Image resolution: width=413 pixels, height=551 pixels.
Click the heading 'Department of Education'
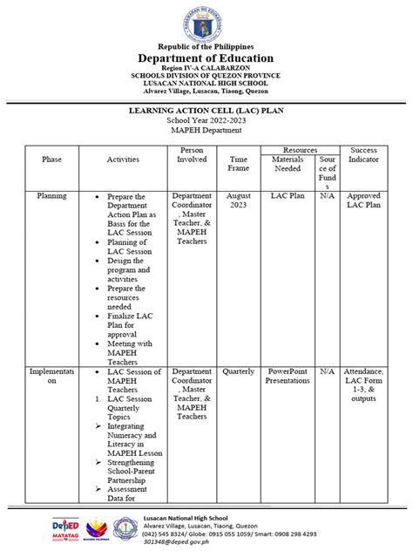[x=206, y=58]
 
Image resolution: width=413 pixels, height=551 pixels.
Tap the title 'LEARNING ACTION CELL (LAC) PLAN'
[x=206, y=111]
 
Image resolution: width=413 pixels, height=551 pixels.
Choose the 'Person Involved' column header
[x=192, y=155]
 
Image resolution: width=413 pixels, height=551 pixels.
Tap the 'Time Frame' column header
[x=238, y=164]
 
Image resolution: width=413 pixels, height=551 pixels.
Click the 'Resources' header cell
[x=300, y=151]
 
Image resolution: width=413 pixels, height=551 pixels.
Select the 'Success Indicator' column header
[x=363, y=155]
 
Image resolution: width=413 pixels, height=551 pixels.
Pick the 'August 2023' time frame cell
[x=238, y=201]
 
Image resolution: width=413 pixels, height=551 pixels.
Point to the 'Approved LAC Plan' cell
[x=363, y=201]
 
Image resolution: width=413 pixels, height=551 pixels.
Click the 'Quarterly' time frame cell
[x=238, y=371]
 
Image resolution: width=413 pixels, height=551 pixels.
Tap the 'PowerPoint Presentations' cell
[x=288, y=376]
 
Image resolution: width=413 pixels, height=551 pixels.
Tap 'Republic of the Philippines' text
[x=206, y=46]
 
